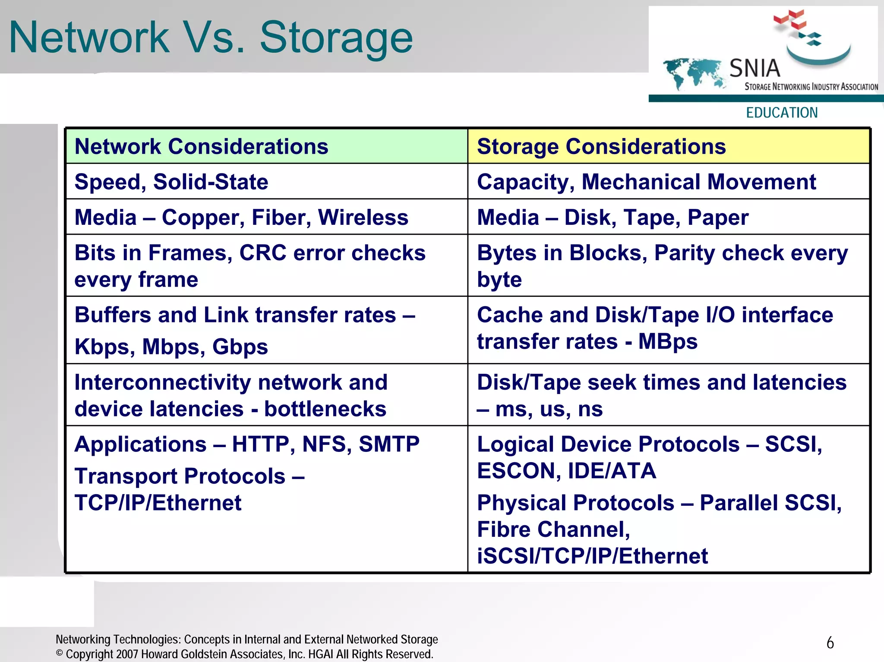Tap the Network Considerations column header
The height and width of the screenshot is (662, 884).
[x=201, y=146]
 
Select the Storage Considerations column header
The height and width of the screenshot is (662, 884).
[x=601, y=146]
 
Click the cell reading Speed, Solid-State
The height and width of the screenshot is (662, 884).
[x=171, y=182]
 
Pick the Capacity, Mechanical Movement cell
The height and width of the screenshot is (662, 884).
[x=646, y=182]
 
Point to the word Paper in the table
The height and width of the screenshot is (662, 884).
[x=718, y=217]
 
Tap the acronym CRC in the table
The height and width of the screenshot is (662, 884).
[x=263, y=252]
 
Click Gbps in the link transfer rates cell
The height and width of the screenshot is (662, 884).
[x=240, y=346]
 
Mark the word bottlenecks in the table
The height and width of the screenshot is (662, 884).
[x=325, y=409]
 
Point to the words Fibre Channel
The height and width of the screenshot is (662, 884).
[x=553, y=529]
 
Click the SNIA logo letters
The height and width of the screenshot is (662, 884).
[x=755, y=68]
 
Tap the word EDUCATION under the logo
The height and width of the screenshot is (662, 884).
[x=782, y=113]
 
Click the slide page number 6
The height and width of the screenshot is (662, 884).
[x=830, y=643]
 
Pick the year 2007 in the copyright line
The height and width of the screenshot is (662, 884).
[x=127, y=654]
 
